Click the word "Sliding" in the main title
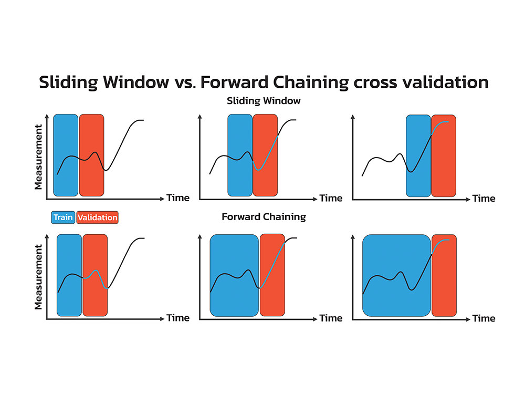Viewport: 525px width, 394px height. pyautogui.click(x=69, y=82)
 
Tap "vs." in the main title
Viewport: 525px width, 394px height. pyautogui.click(x=184, y=82)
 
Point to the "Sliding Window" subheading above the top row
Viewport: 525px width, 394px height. pyautogui.click(x=264, y=100)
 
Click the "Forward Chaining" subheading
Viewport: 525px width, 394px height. pyautogui.click(x=264, y=217)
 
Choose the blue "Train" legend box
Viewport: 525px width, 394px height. pyautogui.click(x=63, y=217)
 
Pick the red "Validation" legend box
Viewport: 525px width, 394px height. pyautogui.click(x=98, y=217)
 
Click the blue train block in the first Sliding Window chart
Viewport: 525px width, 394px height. pyautogui.click(x=66, y=155)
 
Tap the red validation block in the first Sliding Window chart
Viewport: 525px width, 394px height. pyautogui.click(x=91, y=155)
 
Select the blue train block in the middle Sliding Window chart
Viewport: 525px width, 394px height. pyautogui.click(x=240, y=155)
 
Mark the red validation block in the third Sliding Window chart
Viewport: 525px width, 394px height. pyautogui.click(x=444, y=156)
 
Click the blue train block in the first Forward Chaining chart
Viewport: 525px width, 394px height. pyautogui.click(x=69, y=275)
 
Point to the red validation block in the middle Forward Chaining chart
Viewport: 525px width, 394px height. pyautogui.click(x=272, y=275)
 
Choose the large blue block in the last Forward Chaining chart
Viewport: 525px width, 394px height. pyautogui.click(x=396, y=275)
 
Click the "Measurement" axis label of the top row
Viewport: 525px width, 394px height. pyautogui.click(x=38, y=157)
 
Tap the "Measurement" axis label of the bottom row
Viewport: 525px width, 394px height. pyautogui.click(x=38, y=277)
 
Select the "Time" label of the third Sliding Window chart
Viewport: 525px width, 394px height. pyautogui.click(x=484, y=199)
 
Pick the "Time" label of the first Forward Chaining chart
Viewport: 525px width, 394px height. pyautogui.click(x=178, y=318)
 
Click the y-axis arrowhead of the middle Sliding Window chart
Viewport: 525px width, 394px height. pyautogui.click(x=200, y=117)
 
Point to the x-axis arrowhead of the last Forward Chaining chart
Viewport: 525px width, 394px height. pyautogui.click(x=468, y=319)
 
